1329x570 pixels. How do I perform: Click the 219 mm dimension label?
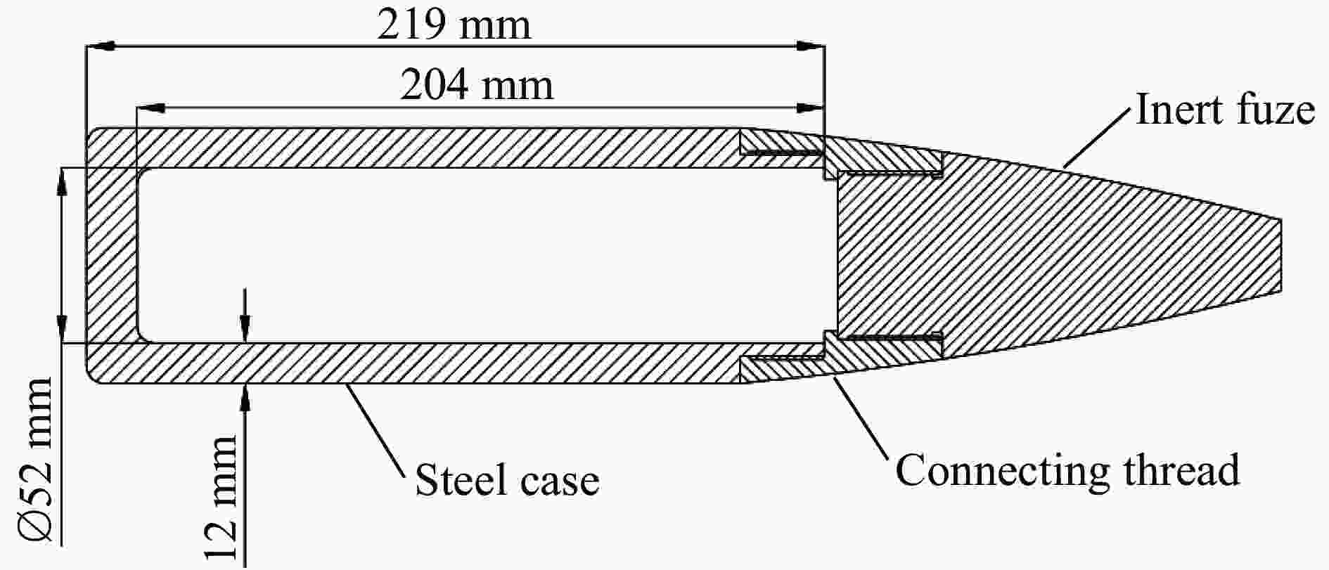click(x=454, y=25)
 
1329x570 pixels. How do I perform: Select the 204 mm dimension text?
click(x=477, y=86)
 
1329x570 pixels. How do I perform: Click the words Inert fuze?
click(x=1225, y=110)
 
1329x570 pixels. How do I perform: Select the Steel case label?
click(x=507, y=481)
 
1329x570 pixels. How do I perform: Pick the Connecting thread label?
click(x=1067, y=470)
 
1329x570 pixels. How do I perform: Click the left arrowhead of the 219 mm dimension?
click(x=99, y=46)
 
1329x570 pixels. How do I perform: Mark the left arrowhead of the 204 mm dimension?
click(x=150, y=108)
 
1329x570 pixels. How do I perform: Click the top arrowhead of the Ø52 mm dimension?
click(x=62, y=181)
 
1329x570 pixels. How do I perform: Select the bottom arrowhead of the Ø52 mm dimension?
click(x=62, y=329)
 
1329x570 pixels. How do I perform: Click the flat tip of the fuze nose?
click(x=1281, y=256)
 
